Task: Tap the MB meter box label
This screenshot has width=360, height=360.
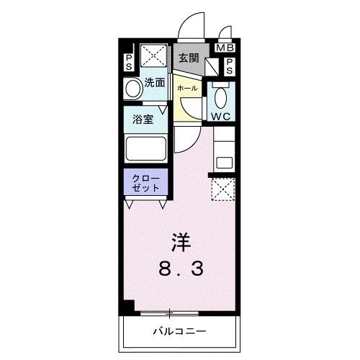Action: pyautogui.click(x=225, y=49)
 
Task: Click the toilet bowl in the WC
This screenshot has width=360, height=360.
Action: pyautogui.click(x=220, y=96)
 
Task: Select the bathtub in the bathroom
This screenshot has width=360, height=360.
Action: pyautogui.click(x=146, y=150)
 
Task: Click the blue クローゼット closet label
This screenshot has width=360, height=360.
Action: pyautogui.click(x=145, y=181)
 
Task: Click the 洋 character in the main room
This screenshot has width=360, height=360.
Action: pyautogui.click(x=181, y=241)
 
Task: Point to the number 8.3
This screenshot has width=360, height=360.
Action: pyautogui.click(x=181, y=269)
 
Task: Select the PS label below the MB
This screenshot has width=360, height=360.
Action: pyautogui.click(x=229, y=66)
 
